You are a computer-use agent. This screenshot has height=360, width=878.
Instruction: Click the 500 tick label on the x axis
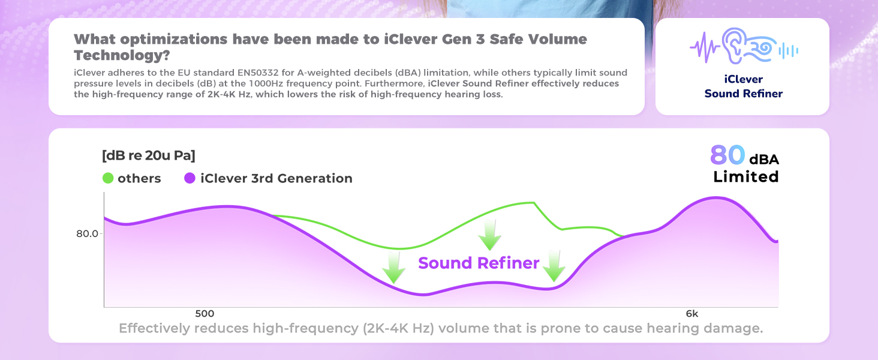(x=205, y=314)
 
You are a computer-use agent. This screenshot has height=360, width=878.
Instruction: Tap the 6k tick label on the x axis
(x=691, y=314)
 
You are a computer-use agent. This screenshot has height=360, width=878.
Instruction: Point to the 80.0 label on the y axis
(x=87, y=233)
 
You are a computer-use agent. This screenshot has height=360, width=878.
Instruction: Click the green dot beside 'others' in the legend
(x=109, y=178)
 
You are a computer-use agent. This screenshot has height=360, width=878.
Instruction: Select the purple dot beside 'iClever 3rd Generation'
(x=190, y=178)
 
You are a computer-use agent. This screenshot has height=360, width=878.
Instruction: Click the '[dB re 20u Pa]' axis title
(x=149, y=155)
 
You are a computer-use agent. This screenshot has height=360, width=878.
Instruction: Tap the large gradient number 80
(x=727, y=155)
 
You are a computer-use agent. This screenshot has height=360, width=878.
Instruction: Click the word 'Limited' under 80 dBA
(x=745, y=177)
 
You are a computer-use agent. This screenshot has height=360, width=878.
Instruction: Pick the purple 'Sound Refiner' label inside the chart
(x=479, y=263)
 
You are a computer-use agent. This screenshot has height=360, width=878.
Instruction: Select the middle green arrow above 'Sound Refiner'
(x=490, y=235)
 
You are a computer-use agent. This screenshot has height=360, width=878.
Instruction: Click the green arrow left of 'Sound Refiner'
(x=393, y=267)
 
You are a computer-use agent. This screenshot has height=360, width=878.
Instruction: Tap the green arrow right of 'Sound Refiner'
(x=554, y=266)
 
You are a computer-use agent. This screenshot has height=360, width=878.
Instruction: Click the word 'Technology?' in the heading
(x=122, y=55)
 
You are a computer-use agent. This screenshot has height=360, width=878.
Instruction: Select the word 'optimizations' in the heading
(x=172, y=40)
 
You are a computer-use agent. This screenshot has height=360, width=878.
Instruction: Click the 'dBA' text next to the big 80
(x=763, y=159)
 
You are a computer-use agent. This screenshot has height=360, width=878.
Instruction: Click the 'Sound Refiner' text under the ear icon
(x=743, y=94)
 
